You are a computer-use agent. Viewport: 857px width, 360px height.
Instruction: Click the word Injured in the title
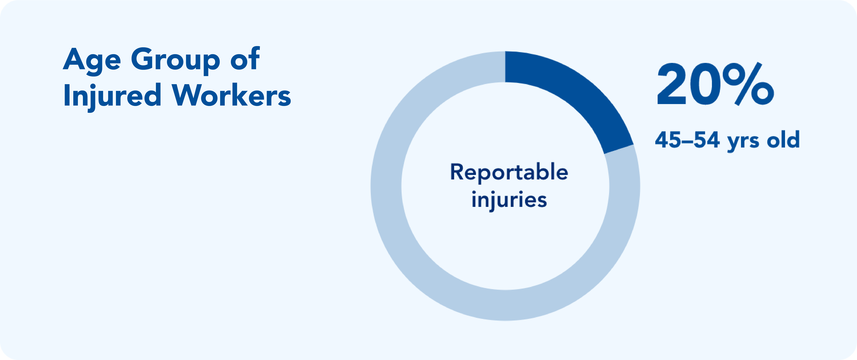[x=112, y=97]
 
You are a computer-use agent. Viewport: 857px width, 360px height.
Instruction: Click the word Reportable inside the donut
[x=509, y=172]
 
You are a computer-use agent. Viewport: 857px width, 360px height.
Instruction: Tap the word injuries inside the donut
[x=509, y=200]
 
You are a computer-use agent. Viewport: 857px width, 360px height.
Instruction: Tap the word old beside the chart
[x=783, y=139]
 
